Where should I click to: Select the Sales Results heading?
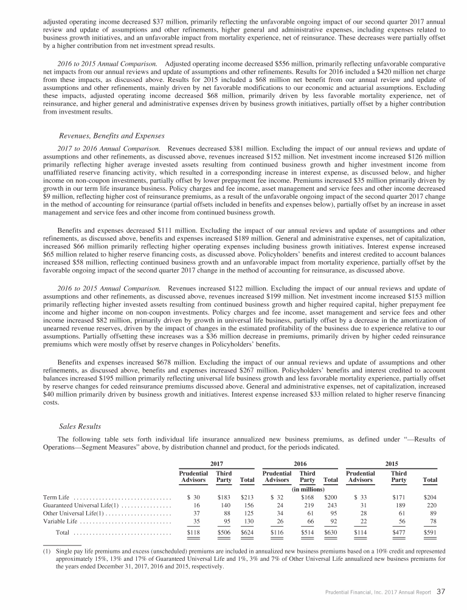pos(81,426)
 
